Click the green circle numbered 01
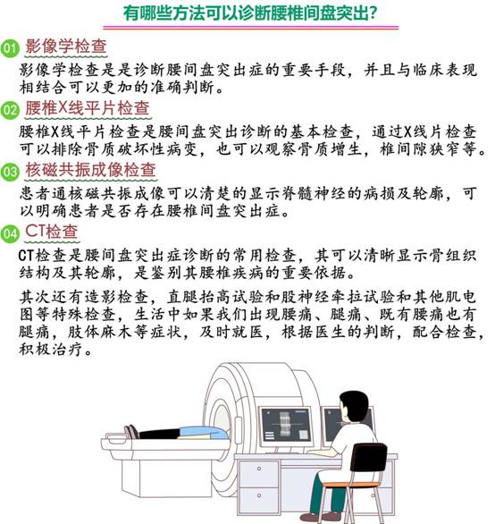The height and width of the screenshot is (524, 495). click(x=10, y=48)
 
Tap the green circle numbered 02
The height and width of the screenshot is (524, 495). click(x=10, y=110)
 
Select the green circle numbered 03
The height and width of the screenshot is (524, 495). click(x=10, y=172)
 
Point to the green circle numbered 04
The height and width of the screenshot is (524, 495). click(x=10, y=233)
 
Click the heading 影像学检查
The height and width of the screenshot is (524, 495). click(x=66, y=46)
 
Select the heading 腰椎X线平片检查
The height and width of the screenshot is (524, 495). click(x=88, y=108)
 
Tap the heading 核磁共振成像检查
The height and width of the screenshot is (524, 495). click(x=90, y=170)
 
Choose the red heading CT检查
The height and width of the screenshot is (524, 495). click(x=52, y=232)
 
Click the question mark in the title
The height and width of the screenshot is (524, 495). click(x=373, y=13)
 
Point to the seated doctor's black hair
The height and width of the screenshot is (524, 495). click(x=355, y=404)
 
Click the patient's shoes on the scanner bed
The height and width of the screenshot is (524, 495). click(x=131, y=432)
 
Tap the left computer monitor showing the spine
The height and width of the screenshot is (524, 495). click(x=286, y=425)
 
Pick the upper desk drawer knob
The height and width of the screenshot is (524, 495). click(x=259, y=469)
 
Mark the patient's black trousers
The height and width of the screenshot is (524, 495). click(x=159, y=434)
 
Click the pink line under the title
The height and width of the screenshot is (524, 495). click(x=251, y=28)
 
